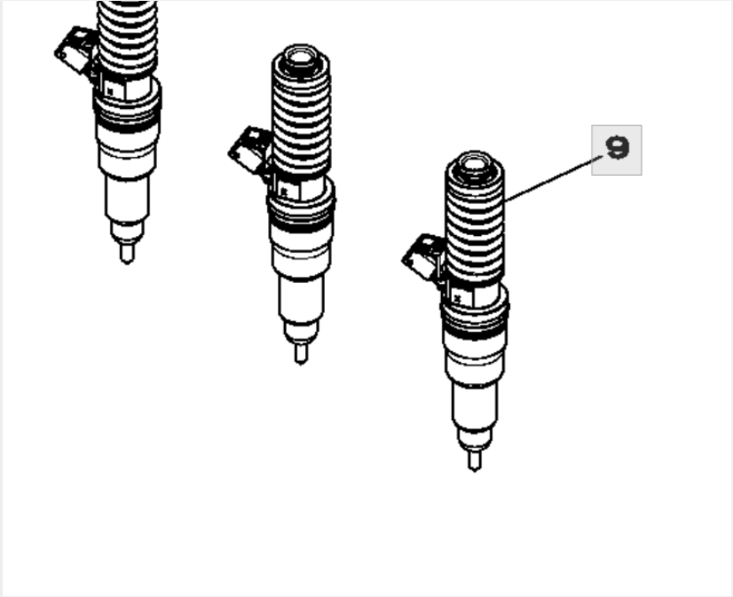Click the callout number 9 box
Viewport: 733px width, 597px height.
616,150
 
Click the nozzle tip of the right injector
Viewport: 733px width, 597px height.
474,460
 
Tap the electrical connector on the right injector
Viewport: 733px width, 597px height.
422,256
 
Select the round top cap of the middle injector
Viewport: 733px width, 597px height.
300,61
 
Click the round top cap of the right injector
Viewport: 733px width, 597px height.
474,166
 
